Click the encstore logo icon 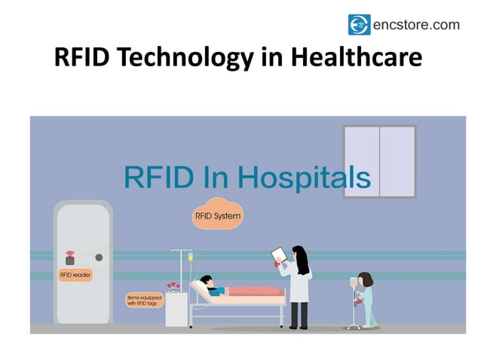(x=359, y=25)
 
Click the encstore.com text (x=415, y=25)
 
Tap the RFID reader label (x=75, y=276)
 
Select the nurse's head (x=365, y=279)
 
